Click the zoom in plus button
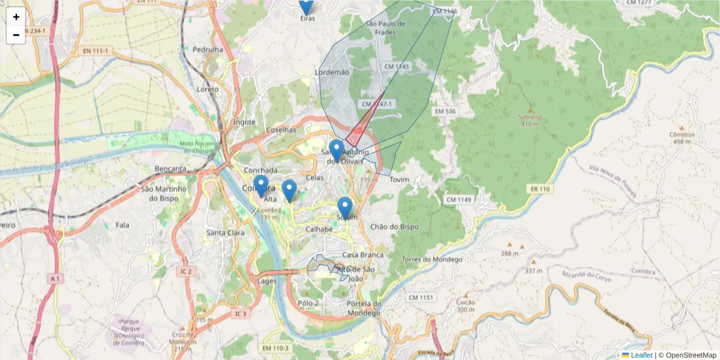pyautogui.click(x=16, y=17)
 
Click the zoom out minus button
pyautogui.click(x=16, y=35)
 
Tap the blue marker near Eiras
pyautogui.click(x=306, y=5)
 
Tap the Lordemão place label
pyautogui.click(x=332, y=72)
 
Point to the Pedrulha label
pyautogui.click(x=208, y=49)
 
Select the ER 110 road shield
pyautogui.click(x=539, y=189)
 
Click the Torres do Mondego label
pyautogui.click(x=432, y=259)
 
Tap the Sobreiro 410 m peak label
pyautogui.click(x=530, y=120)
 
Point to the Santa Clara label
pyautogui.click(x=224, y=233)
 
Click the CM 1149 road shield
pyautogui.click(x=459, y=199)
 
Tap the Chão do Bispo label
pyautogui.click(x=394, y=227)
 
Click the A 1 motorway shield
pyautogui.click(x=55, y=279)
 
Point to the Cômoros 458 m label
pyautogui.click(x=681, y=138)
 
